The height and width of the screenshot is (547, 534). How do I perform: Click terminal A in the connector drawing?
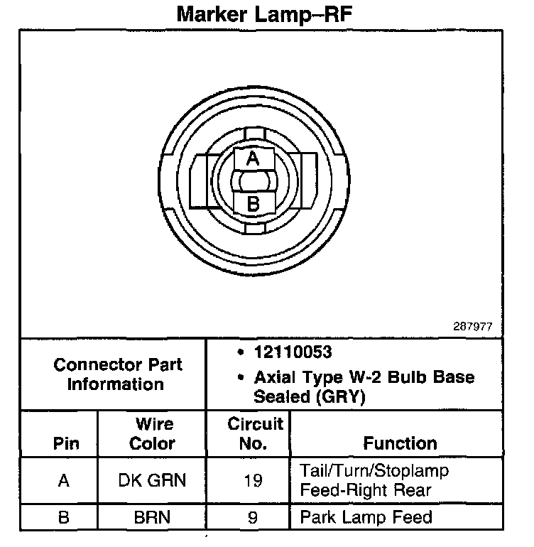[x=253, y=160]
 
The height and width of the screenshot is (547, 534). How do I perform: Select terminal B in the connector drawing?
[x=253, y=204]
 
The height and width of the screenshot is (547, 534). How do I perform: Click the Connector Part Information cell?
[x=118, y=374]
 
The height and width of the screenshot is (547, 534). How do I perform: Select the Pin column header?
[x=65, y=444]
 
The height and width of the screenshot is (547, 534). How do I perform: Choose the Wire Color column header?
[x=153, y=434]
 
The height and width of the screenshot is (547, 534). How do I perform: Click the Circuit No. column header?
[x=255, y=434]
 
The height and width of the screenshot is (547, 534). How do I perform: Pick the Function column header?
[x=400, y=444]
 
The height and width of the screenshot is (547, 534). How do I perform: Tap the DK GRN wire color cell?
[x=153, y=480]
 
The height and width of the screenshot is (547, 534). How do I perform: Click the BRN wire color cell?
[x=153, y=516]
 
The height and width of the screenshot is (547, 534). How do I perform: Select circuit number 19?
[x=254, y=480]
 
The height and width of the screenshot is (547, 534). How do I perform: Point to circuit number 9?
[x=253, y=516]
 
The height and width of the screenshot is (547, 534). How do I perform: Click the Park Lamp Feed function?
[x=366, y=516]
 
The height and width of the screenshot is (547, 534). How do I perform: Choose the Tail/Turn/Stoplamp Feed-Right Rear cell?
[x=374, y=480]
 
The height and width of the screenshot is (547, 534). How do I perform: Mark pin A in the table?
[x=64, y=480]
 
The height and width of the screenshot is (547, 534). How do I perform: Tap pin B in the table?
[x=64, y=516]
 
